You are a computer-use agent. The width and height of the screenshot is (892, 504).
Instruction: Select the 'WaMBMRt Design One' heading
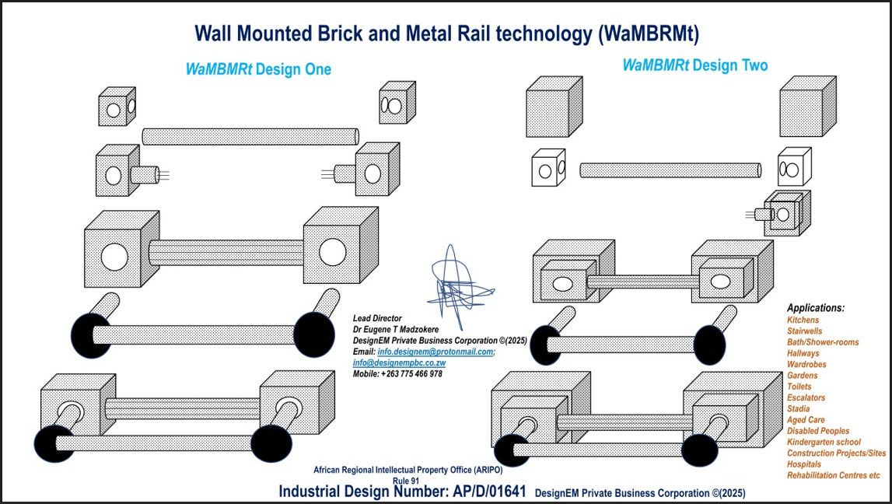[x=258, y=69]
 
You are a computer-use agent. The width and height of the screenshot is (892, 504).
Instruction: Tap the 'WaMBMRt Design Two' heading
[x=694, y=65]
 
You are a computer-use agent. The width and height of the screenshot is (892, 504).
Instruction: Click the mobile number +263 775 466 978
[x=397, y=373]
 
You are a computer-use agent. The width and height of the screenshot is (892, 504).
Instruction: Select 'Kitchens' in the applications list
[x=803, y=320]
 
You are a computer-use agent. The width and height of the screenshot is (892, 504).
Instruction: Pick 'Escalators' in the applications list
[x=806, y=397]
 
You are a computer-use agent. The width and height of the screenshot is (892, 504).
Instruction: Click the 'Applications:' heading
[x=815, y=308]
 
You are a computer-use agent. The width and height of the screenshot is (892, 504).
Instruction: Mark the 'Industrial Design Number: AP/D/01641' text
[x=402, y=492]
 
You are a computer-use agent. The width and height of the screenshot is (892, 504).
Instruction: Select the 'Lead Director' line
[x=377, y=318]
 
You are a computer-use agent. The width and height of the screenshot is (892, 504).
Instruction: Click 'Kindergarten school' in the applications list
[x=824, y=442]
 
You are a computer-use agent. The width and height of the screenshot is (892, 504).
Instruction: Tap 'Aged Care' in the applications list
[x=806, y=420]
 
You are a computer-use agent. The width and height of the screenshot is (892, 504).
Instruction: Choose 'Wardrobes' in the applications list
[x=806, y=364]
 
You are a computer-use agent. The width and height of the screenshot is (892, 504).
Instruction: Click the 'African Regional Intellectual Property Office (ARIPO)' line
[x=408, y=471]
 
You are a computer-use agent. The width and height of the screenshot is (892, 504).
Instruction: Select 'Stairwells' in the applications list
[x=804, y=331]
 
